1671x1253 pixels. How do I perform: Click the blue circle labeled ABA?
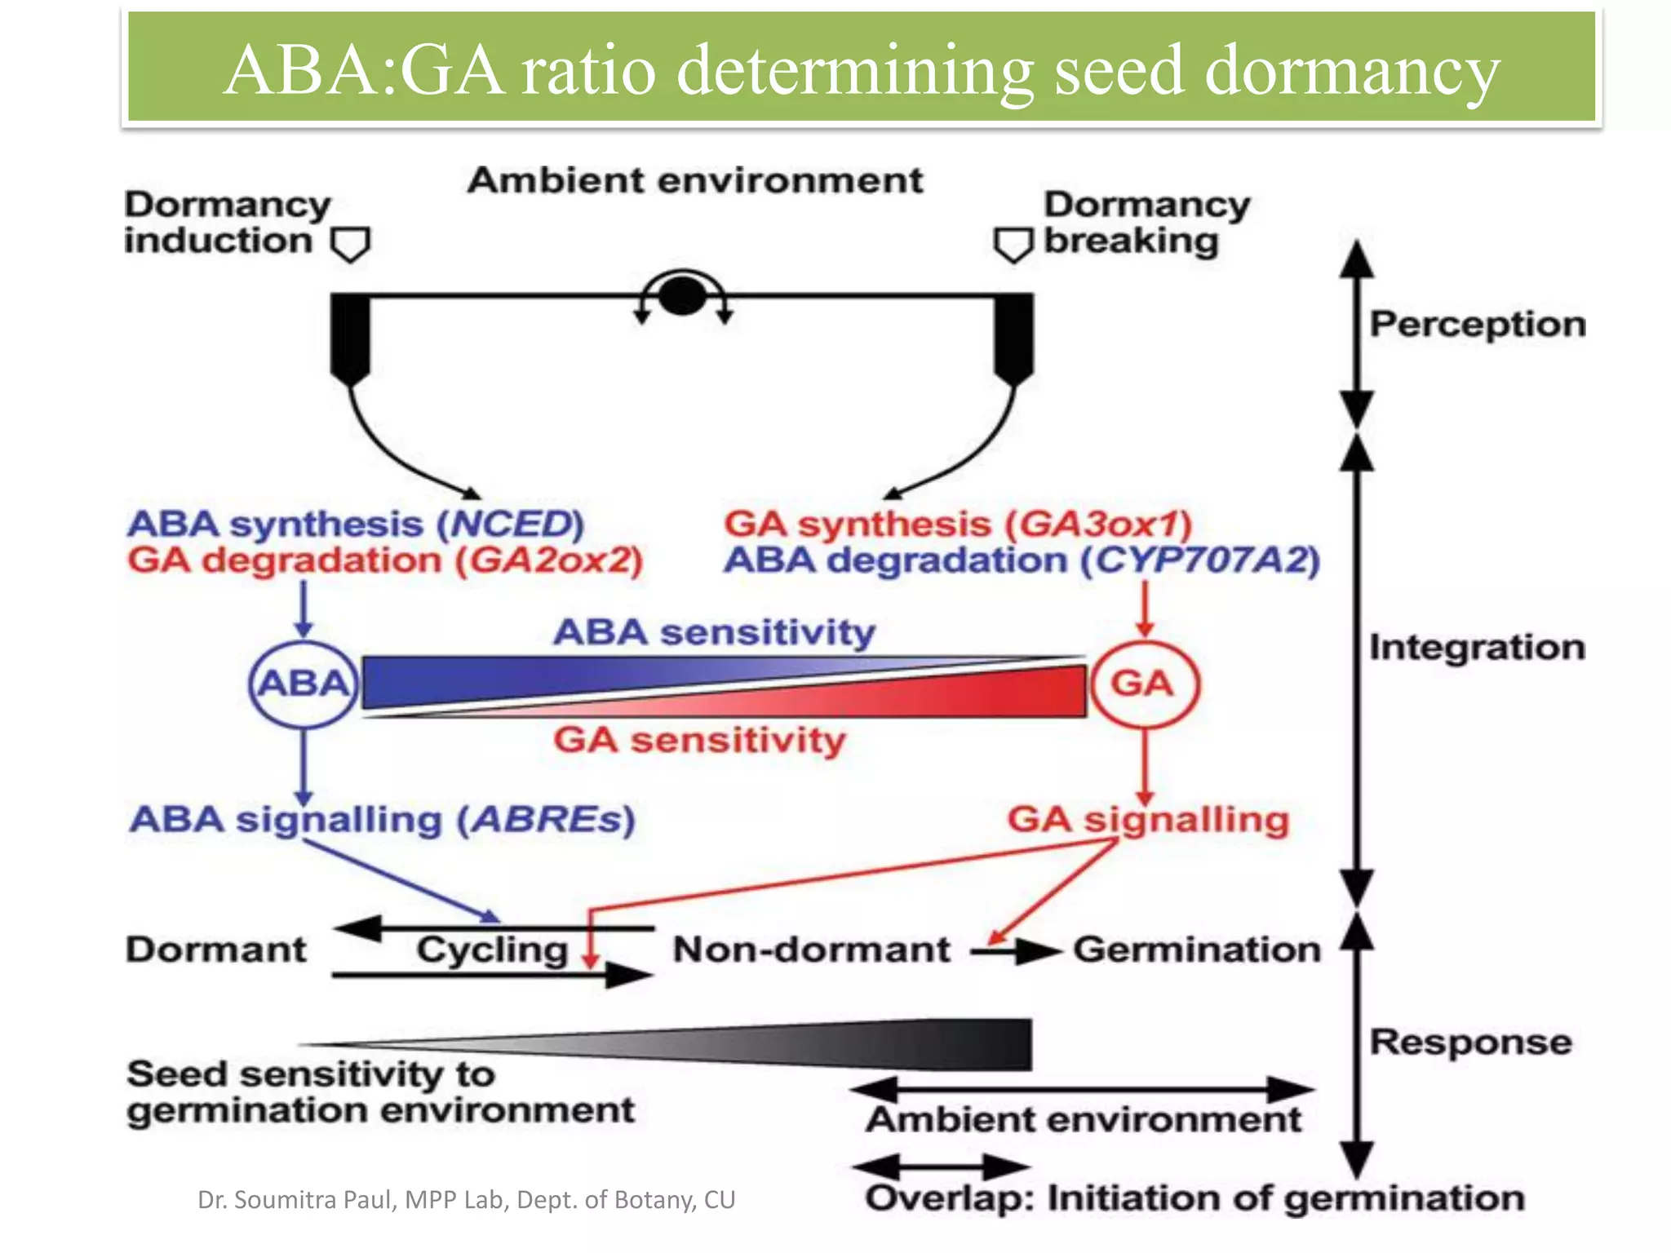[x=304, y=684]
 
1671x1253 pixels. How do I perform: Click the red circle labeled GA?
[x=1144, y=684]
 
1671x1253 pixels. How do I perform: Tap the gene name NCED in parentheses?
[x=511, y=524]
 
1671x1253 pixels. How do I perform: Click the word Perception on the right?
[x=1477, y=324]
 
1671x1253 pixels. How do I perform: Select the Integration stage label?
[x=1477, y=647]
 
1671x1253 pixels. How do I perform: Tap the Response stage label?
[x=1470, y=1042]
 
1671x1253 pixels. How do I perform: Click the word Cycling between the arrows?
[x=492, y=950]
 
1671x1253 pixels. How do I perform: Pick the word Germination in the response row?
[x=1196, y=950]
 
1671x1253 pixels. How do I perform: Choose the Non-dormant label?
[x=811, y=950]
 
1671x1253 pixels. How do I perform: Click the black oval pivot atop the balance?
[x=682, y=295]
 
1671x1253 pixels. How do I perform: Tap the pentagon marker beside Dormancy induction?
[x=351, y=244]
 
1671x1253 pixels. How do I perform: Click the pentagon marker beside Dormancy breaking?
[x=1013, y=244]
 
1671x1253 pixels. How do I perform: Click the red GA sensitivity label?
[x=699, y=741]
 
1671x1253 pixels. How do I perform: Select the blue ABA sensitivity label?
[x=714, y=632]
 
